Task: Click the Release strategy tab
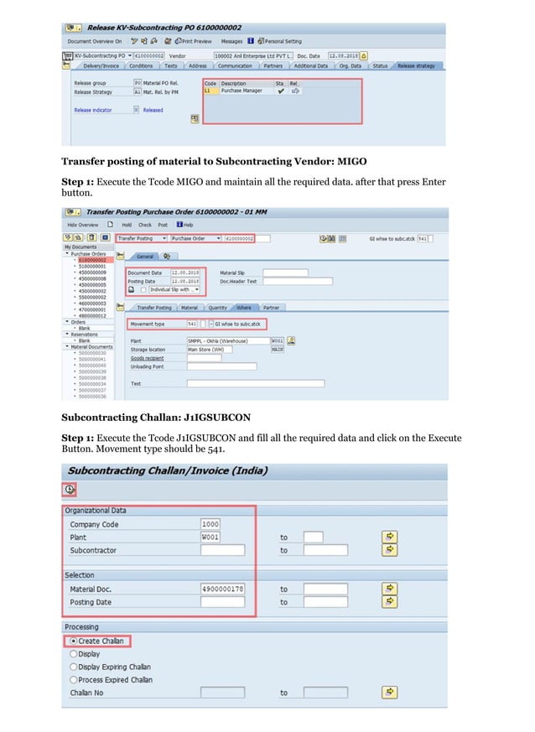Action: pyautogui.click(x=416, y=65)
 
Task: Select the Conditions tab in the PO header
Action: pyautogui.click(x=141, y=65)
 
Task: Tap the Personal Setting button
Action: pyautogui.click(x=281, y=40)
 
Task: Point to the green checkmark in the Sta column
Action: pyautogui.click(x=280, y=91)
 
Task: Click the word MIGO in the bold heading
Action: pyautogui.click(x=351, y=160)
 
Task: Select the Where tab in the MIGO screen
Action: pyautogui.click(x=243, y=308)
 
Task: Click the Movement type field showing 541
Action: pyautogui.click(x=192, y=323)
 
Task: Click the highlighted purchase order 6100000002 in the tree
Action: pyautogui.click(x=93, y=260)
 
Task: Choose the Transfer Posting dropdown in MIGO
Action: pyautogui.click(x=140, y=238)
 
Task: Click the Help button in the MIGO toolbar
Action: pyautogui.click(x=185, y=225)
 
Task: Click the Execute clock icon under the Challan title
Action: pyautogui.click(x=70, y=490)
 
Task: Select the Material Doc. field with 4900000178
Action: pyautogui.click(x=222, y=589)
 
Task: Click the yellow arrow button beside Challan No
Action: pyautogui.click(x=389, y=692)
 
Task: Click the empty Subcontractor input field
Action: pyautogui.click(x=222, y=550)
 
